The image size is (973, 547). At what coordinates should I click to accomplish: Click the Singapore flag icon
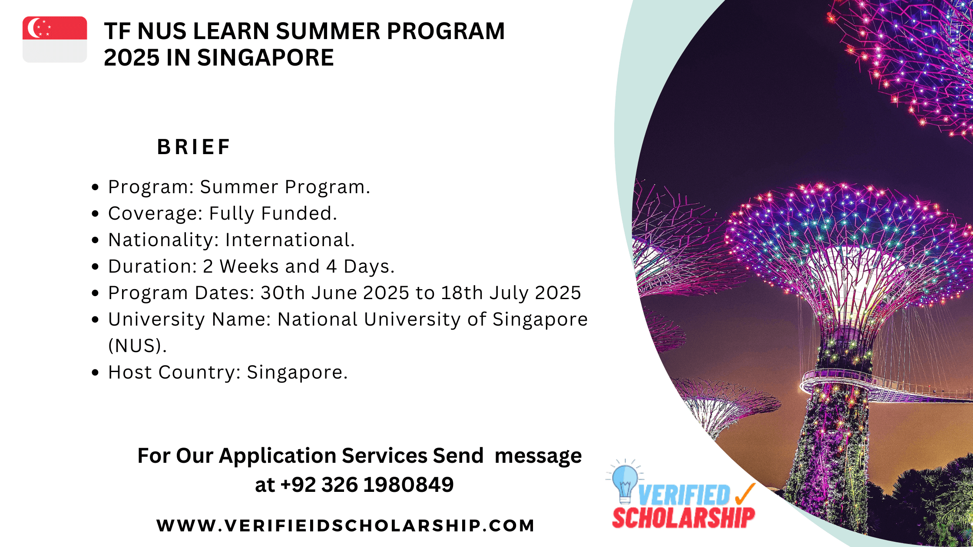point(55,40)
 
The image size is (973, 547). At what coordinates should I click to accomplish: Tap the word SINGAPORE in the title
point(265,58)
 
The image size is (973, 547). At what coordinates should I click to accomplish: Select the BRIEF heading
point(194,147)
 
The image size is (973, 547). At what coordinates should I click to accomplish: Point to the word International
point(290,240)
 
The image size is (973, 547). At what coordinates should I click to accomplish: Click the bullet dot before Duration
point(96,267)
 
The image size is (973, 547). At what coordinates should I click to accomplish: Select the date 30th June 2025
point(334,293)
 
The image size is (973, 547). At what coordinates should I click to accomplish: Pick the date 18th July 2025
point(511,293)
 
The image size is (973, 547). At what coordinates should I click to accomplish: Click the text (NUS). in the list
point(137,346)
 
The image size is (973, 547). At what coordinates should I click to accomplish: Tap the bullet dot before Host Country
point(96,372)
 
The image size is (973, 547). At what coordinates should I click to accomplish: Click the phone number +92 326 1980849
point(367,484)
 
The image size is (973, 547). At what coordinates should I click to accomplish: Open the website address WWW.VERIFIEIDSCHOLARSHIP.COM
point(346,525)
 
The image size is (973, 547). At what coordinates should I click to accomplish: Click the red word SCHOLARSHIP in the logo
point(684,517)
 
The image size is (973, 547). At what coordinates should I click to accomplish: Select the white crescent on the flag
point(34,28)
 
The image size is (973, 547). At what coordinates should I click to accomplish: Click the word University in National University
point(412,320)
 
